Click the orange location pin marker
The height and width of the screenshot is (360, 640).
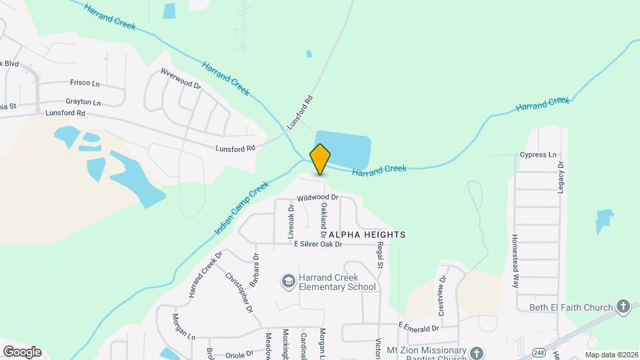pyautogui.click(x=321, y=159)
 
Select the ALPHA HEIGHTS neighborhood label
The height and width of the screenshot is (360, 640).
pyautogui.click(x=366, y=235)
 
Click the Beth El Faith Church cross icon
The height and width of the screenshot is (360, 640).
pyautogui.click(x=623, y=307)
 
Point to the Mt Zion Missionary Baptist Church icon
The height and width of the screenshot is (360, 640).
pyautogui.click(x=476, y=351)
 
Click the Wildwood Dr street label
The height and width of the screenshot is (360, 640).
pyautogui.click(x=318, y=197)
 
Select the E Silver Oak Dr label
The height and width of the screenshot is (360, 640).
pyautogui.click(x=318, y=245)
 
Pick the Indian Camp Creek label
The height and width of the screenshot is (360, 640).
pyautogui.click(x=241, y=208)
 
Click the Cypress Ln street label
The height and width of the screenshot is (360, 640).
pyautogui.click(x=538, y=155)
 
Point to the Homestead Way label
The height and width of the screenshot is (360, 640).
pyautogui.click(x=515, y=260)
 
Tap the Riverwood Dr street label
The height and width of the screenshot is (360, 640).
pyautogui.click(x=181, y=78)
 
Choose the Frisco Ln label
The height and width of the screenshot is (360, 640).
pyautogui.click(x=85, y=83)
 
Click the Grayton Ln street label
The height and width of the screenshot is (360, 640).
pyautogui.click(x=83, y=103)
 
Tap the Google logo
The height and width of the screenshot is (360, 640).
pyautogui.click(x=22, y=351)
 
